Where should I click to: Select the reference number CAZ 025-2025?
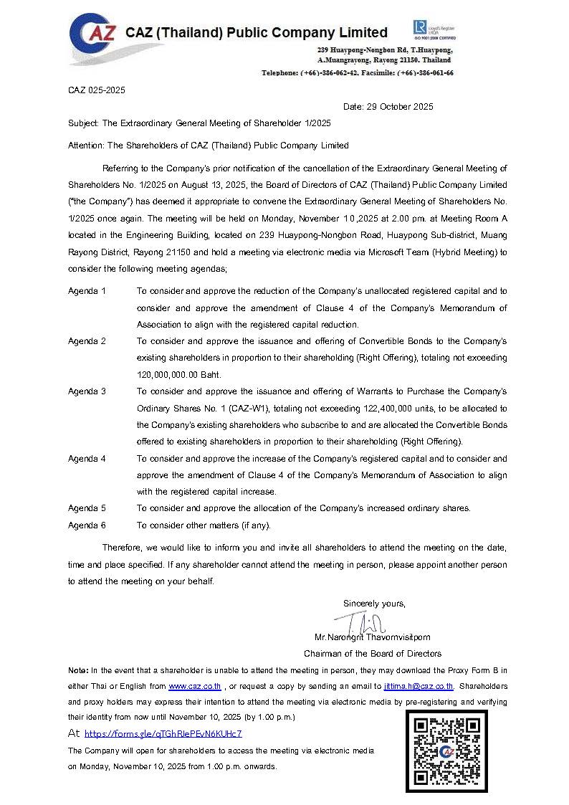coord(97,90)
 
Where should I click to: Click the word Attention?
coord(85,146)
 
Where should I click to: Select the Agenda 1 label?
coord(87,291)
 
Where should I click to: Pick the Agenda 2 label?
coord(87,341)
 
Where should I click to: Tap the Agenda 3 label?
coord(87,391)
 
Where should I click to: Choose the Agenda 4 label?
coord(87,458)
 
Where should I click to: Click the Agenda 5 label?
coord(87,508)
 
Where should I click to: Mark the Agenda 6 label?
coord(87,525)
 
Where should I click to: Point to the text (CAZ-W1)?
coord(255,408)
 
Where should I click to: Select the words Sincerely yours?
coord(374,603)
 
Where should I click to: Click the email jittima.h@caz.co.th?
coord(419,686)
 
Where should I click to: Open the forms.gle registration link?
coord(163,733)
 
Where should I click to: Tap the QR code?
coord(446,751)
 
